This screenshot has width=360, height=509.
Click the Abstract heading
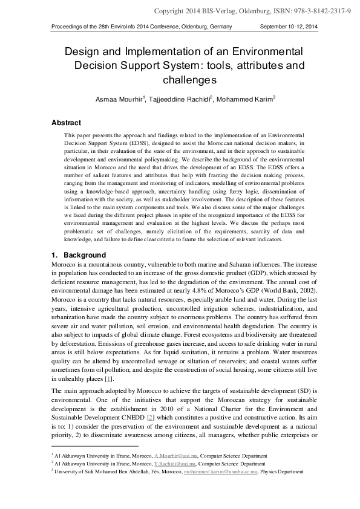click(x=67, y=122)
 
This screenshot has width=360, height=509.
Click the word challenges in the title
click(x=189, y=79)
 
